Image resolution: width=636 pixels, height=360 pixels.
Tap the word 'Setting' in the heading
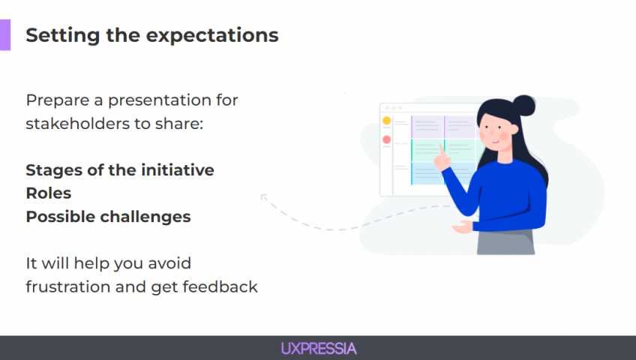[x=56, y=35]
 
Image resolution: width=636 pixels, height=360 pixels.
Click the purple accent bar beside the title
[x=5, y=34]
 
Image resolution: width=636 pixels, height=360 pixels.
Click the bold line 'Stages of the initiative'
[x=120, y=170]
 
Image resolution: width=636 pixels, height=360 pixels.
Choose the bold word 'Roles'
[x=49, y=193]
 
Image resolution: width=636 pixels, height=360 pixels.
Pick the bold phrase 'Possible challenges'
[x=108, y=217]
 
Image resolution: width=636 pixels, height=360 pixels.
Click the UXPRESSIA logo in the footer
[x=319, y=349]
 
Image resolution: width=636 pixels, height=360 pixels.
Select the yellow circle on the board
[x=387, y=120]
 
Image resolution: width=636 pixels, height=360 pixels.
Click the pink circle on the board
[x=387, y=139]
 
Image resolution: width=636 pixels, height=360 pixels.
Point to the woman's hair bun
[x=524, y=104]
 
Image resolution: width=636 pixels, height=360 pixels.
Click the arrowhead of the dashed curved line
[x=263, y=196]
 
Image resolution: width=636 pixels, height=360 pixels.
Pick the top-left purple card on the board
[x=427, y=126]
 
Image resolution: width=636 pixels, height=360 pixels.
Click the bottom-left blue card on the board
[x=427, y=174]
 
